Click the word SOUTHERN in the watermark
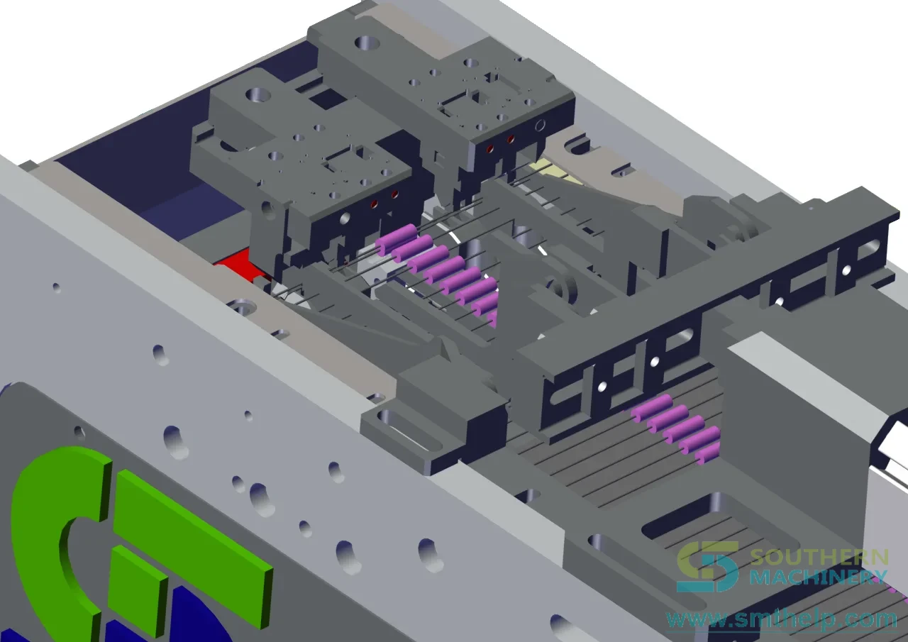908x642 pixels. click(819, 558)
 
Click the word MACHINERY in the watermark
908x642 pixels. click(819, 577)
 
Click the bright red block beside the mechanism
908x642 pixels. click(235, 263)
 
